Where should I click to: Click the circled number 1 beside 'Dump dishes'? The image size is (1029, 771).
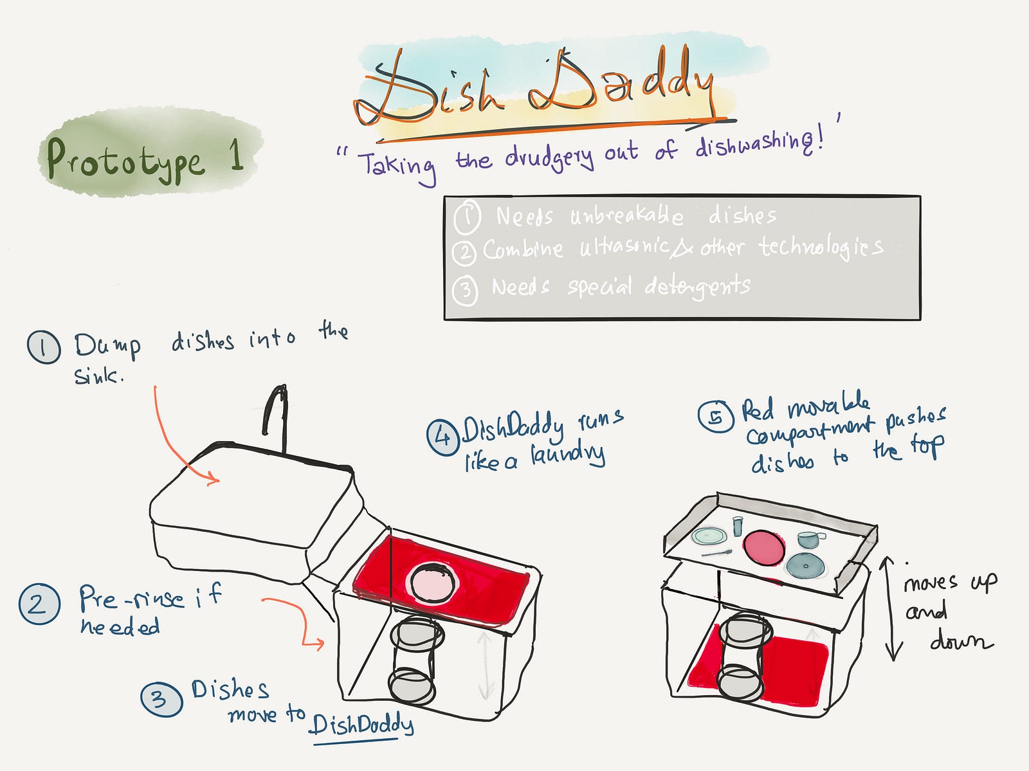coord(44,347)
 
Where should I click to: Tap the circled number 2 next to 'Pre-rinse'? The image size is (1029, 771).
coord(39,604)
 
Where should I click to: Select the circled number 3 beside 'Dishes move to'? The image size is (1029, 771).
coord(161,699)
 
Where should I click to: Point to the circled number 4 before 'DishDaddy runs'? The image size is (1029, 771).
coord(442,437)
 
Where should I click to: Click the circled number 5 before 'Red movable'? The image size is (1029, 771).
coord(716,416)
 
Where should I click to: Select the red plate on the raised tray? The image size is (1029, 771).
coord(763,547)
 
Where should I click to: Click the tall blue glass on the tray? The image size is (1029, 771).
coord(738,525)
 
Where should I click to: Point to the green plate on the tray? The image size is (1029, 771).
coord(709,536)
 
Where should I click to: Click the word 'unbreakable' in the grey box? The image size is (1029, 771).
coord(626,215)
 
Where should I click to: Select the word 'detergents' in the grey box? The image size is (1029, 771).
coord(697,286)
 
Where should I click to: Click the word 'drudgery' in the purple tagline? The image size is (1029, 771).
coord(549,156)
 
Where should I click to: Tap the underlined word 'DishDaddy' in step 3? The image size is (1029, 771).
coord(361,725)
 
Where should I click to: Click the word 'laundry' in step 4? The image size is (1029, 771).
coord(568,455)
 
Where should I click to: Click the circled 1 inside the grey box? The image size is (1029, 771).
coord(467,217)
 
